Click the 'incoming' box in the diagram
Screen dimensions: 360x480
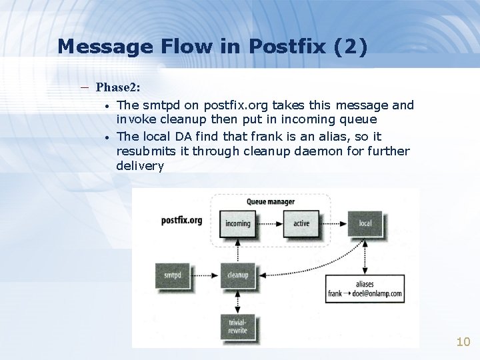tap(238, 223)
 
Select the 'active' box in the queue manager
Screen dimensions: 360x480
tap(301, 223)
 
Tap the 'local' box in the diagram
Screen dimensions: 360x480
tap(365, 223)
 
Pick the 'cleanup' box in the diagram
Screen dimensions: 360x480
tap(238, 275)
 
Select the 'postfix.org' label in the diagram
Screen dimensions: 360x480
tap(181, 221)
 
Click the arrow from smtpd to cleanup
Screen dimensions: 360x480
tap(205, 275)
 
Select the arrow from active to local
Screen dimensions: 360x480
tap(333, 223)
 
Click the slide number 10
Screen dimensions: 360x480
tap(463, 342)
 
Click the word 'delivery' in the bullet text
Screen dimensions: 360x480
tap(140, 166)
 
